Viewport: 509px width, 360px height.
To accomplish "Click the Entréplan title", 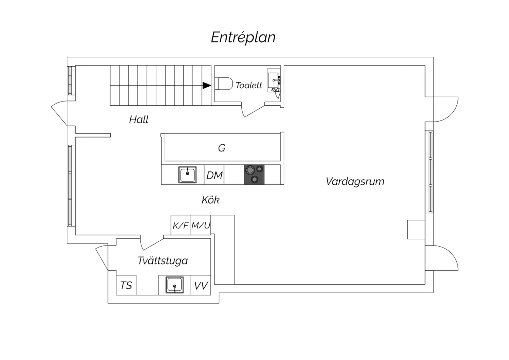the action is click(x=243, y=37).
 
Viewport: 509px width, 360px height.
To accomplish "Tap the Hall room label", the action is click(x=138, y=120).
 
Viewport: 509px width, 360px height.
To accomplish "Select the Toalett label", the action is click(x=249, y=85).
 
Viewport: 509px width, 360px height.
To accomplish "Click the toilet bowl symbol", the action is click(x=224, y=84).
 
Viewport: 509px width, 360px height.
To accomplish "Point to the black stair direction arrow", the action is click(x=207, y=86).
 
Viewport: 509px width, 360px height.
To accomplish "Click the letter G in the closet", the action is click(x=222, y=148).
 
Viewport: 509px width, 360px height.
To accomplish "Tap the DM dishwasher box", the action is click(x=214, y=175).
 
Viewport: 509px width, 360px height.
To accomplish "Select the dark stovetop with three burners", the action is click(x=254, y=175).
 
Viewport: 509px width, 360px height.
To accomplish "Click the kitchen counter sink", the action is click(x=187, y=175).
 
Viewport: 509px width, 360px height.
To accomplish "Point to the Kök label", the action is click(x=211, y=200).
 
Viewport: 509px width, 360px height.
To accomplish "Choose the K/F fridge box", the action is click(x=181, y=225).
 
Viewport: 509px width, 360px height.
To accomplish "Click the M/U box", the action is click(x=201, y=225).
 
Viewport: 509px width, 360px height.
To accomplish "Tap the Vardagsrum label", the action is click(x=355, y=182).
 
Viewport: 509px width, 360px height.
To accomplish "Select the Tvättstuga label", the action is click(x=163, y=260).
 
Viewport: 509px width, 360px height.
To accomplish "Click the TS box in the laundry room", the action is click(x=126, y=285).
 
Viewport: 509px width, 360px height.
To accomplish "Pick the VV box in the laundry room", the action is click(x=201, y=285).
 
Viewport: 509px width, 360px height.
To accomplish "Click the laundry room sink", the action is click(x=174, y=285).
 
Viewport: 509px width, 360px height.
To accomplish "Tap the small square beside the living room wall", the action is click(x=416, y=230).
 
